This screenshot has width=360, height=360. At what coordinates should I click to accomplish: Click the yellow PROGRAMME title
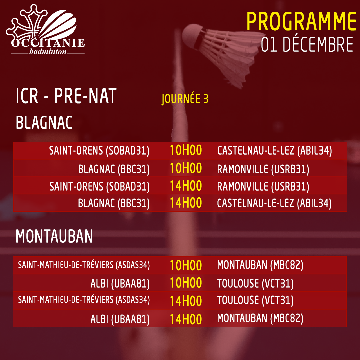click(301, 21)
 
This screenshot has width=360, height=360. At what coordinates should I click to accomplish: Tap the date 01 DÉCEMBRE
click(307, 44)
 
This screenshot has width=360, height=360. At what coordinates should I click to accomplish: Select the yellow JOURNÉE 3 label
click(185, 99)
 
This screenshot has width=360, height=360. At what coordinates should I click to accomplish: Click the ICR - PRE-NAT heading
click(66, 96)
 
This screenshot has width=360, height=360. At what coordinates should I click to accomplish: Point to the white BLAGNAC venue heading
click(44, 122)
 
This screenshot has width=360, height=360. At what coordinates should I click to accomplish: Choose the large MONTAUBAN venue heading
click(54, 236)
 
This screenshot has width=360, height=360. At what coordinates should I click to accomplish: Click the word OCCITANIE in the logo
click(48, 43)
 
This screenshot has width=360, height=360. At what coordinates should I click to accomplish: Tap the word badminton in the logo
click(48, 51)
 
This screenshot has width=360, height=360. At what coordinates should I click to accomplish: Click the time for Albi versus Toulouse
click(186, 283)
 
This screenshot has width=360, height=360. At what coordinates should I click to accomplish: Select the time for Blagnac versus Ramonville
click(186, 168)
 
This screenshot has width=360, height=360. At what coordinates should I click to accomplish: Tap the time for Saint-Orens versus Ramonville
click(186, 186)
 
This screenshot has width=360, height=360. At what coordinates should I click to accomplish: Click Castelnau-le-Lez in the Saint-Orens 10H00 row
click(274, 151)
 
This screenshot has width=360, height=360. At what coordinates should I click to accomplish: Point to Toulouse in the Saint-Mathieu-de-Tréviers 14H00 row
click(255, 300)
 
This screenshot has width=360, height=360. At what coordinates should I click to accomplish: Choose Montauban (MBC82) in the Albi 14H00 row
click(260, 318)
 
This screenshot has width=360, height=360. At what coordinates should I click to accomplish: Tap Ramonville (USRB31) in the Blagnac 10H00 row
click(263, 169)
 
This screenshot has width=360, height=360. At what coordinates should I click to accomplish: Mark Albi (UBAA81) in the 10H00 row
click(120, 284)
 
